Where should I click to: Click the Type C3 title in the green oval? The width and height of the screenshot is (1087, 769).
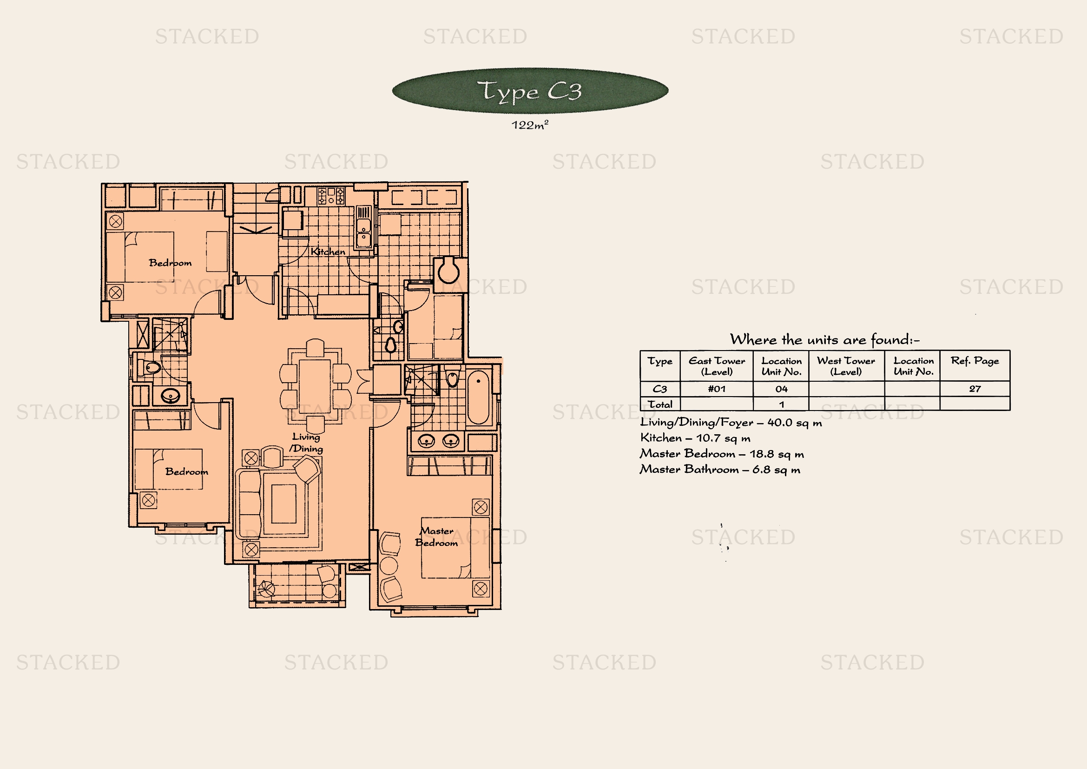(x=529, y=91)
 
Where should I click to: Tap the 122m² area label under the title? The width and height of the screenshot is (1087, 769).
(x=530, y=125)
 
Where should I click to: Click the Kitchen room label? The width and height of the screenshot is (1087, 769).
(x=328, y=252)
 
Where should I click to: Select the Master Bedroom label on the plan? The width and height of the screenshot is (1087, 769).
(x=436, y=537)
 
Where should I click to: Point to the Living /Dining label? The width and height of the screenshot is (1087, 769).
(x=306, y=443)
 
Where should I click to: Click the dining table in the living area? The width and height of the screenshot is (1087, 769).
(x=315, y=386)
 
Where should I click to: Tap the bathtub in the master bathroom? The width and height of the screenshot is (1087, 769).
(x=479, y=398)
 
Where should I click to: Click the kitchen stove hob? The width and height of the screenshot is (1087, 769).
(x=331, y=196)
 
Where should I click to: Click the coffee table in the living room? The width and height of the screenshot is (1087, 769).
(x=283, y=504)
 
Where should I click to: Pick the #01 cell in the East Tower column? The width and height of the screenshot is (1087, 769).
(x=717, y=389)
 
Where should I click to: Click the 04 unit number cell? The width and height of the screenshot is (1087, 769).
(x=781, y=389)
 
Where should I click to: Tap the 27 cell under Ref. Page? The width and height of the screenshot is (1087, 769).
(x=975, y=389)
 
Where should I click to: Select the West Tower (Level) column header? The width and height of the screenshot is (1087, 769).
(x=846, y=366)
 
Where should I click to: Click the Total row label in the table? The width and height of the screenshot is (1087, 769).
(x=660, y=404)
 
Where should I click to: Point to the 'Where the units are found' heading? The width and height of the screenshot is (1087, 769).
(x=825, y=339)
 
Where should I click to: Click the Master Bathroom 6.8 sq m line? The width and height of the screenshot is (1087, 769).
(x=720, y=469)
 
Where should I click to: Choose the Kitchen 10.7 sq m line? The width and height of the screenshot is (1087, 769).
(x=695, y=438)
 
